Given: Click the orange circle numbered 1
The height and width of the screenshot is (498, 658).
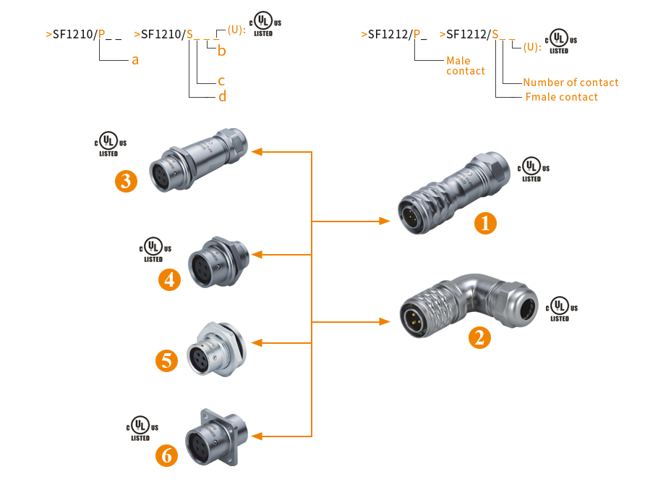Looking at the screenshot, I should (485, 224).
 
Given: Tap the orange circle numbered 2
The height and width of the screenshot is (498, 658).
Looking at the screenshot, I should (479, 337).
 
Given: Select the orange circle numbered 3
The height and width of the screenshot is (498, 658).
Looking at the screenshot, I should (127, 181).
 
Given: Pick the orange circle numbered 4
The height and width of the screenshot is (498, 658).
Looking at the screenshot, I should (170, 279).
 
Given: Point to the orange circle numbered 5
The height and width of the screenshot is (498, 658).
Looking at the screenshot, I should (167, 360).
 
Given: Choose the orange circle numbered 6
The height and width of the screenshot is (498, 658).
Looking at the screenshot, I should (167, 455).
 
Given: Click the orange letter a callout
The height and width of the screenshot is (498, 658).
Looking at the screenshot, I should (135, 60).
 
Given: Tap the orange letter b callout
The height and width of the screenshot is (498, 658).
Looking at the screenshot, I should (222, 51).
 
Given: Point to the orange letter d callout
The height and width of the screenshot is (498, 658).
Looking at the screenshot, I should (222, 96).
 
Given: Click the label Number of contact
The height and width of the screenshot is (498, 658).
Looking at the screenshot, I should (571, 83).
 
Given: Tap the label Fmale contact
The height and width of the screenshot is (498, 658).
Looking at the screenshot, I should (561, 97).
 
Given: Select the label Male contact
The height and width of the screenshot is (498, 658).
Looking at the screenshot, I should (466, 66).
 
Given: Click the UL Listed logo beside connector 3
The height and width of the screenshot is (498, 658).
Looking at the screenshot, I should (108, 143).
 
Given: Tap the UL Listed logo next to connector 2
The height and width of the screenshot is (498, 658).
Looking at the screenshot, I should (559, 309).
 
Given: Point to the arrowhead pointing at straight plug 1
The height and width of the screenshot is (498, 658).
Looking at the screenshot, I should (385, 220).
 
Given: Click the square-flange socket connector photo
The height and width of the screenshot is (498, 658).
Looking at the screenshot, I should (214, 436).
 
